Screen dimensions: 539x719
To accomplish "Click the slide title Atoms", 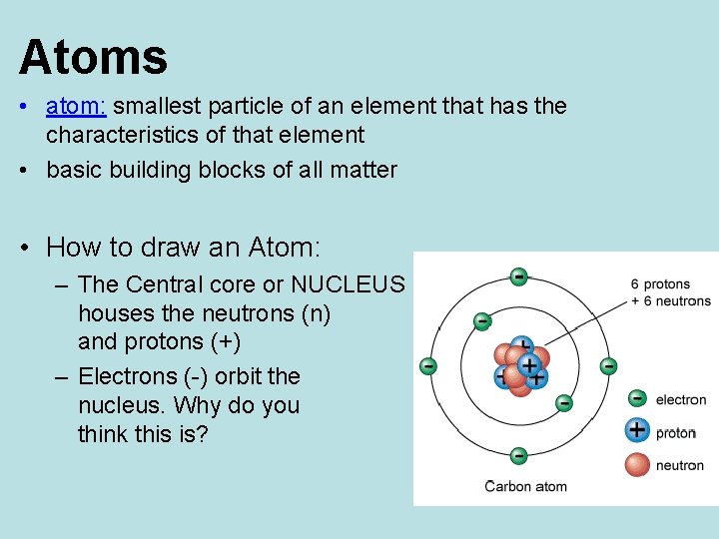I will (93, 57).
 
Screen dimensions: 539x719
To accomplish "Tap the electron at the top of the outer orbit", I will (518, 275).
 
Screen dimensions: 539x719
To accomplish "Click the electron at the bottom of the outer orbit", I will (518, 456).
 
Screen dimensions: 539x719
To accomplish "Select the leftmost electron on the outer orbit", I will (428, 366).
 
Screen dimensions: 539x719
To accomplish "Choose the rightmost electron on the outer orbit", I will (608, 366).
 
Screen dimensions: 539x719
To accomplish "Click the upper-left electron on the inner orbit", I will (482, 321).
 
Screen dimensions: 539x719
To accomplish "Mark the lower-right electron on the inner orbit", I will (564, 402).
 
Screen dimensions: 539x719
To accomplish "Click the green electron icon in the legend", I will (636, 399).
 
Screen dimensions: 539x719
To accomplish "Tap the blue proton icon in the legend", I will (636, 431).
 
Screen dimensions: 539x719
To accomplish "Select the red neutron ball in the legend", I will (636, 464).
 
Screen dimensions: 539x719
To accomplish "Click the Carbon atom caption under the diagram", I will (526, 487).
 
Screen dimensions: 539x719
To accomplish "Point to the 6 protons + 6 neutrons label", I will (670, 292).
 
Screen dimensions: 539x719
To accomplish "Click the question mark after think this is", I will (203, 434).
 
